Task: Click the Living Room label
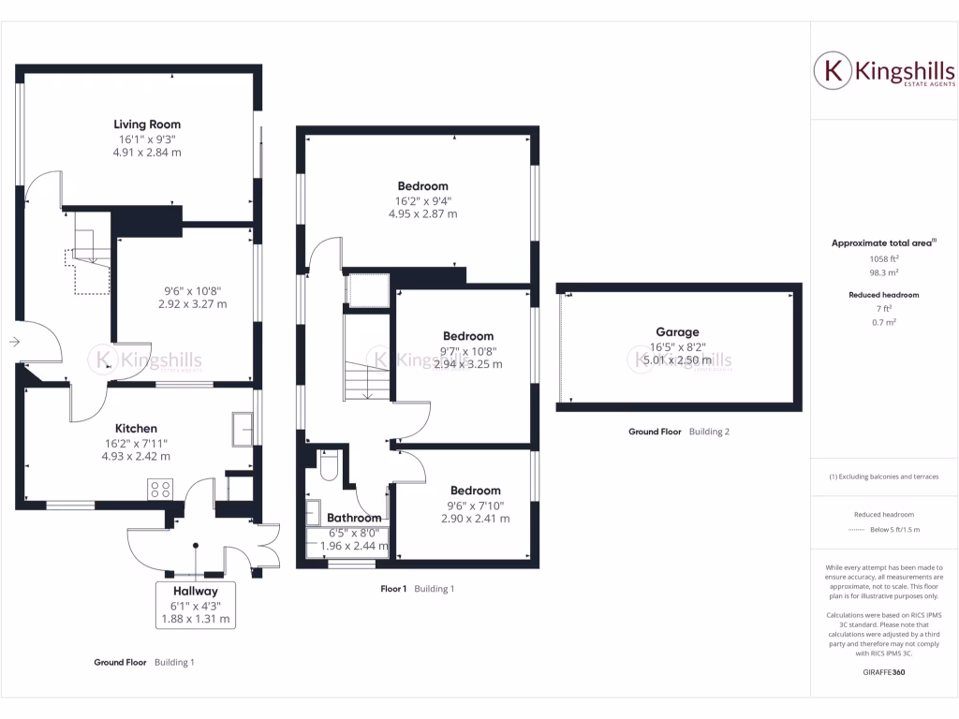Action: click(x=147, y=124)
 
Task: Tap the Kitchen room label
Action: click(x=136, y=428)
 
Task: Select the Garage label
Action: click(x=678, y=331)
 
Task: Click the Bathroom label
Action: click(x=354, y=518)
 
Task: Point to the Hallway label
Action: click(x=195, y=591)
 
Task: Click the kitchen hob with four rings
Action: click(x=160, y=489)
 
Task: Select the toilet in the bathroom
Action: click(x=328, y=466)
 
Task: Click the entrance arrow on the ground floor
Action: click(x=15, y=343)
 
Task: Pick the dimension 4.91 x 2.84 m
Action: click(x=147, y=152)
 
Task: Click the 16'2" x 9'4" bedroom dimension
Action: click(x=422, y=200)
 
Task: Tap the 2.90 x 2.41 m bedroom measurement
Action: click(x=475, y=518)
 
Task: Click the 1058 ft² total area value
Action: click(x=884, y=259)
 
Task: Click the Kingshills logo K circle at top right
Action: click(x=832, y=71)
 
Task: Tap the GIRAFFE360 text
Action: click(x=883, y=672)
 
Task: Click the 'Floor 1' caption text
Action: click(x=393, y=589)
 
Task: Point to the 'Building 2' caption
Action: click(x=709, y=432)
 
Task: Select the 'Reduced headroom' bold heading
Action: click(x=884, y=295)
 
